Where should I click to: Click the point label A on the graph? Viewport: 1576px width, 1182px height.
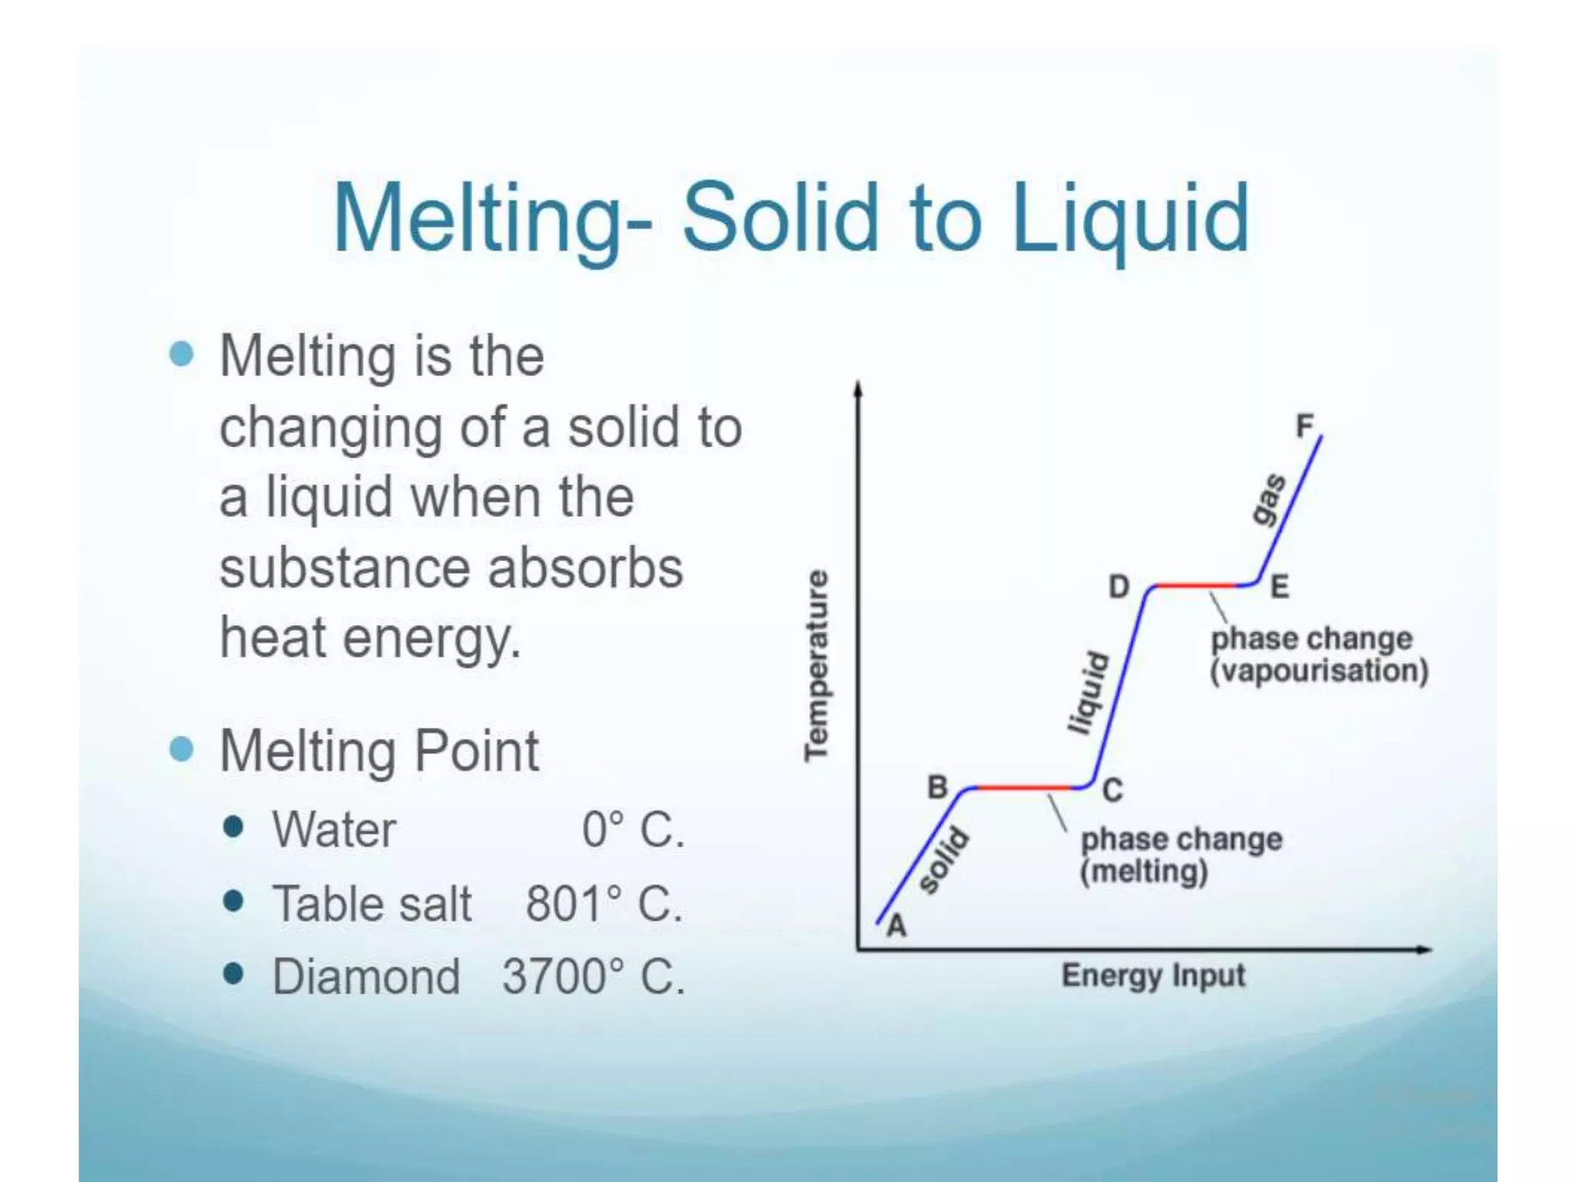coord(897,926)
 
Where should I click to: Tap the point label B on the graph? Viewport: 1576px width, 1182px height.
coord(937,787)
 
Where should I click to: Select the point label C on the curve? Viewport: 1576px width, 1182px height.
coord(1113,790)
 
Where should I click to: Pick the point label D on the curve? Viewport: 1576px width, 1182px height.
coord(1118,587)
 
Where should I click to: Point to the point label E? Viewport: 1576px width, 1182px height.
coord(1279,588)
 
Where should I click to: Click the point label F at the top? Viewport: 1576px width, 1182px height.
coord(1304,426)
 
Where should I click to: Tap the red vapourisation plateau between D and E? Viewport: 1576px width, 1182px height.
coord(1197,586)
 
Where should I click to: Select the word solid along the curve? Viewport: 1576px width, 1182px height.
coord(944,861)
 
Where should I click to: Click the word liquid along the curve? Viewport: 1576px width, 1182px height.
coord(1088,693)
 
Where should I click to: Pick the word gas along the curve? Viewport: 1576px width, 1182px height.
coord(1268,499)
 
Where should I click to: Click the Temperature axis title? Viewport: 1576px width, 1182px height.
coord(816,666)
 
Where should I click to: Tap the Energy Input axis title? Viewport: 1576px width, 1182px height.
coord(1153,976)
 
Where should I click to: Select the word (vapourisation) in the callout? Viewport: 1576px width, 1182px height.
coord(1319,671)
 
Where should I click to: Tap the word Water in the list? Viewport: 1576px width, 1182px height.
coord(334,830)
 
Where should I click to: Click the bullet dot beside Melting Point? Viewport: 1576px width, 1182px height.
coord(182,749)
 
